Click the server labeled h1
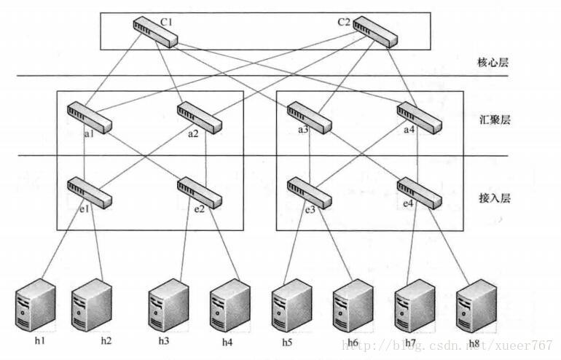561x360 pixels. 36,306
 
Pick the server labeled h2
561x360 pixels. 93,305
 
